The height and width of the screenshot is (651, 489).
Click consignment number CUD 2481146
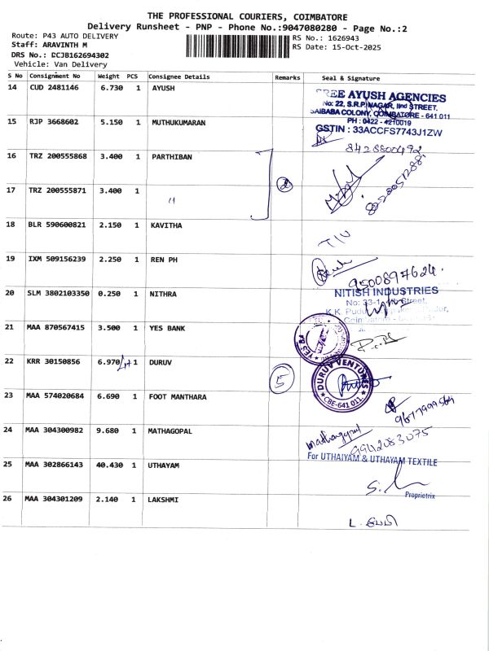54,88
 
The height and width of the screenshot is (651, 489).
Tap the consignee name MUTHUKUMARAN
178,122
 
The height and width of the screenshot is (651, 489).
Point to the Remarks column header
288,77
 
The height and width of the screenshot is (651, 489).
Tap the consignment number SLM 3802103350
58,293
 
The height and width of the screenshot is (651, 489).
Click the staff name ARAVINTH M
59,46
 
